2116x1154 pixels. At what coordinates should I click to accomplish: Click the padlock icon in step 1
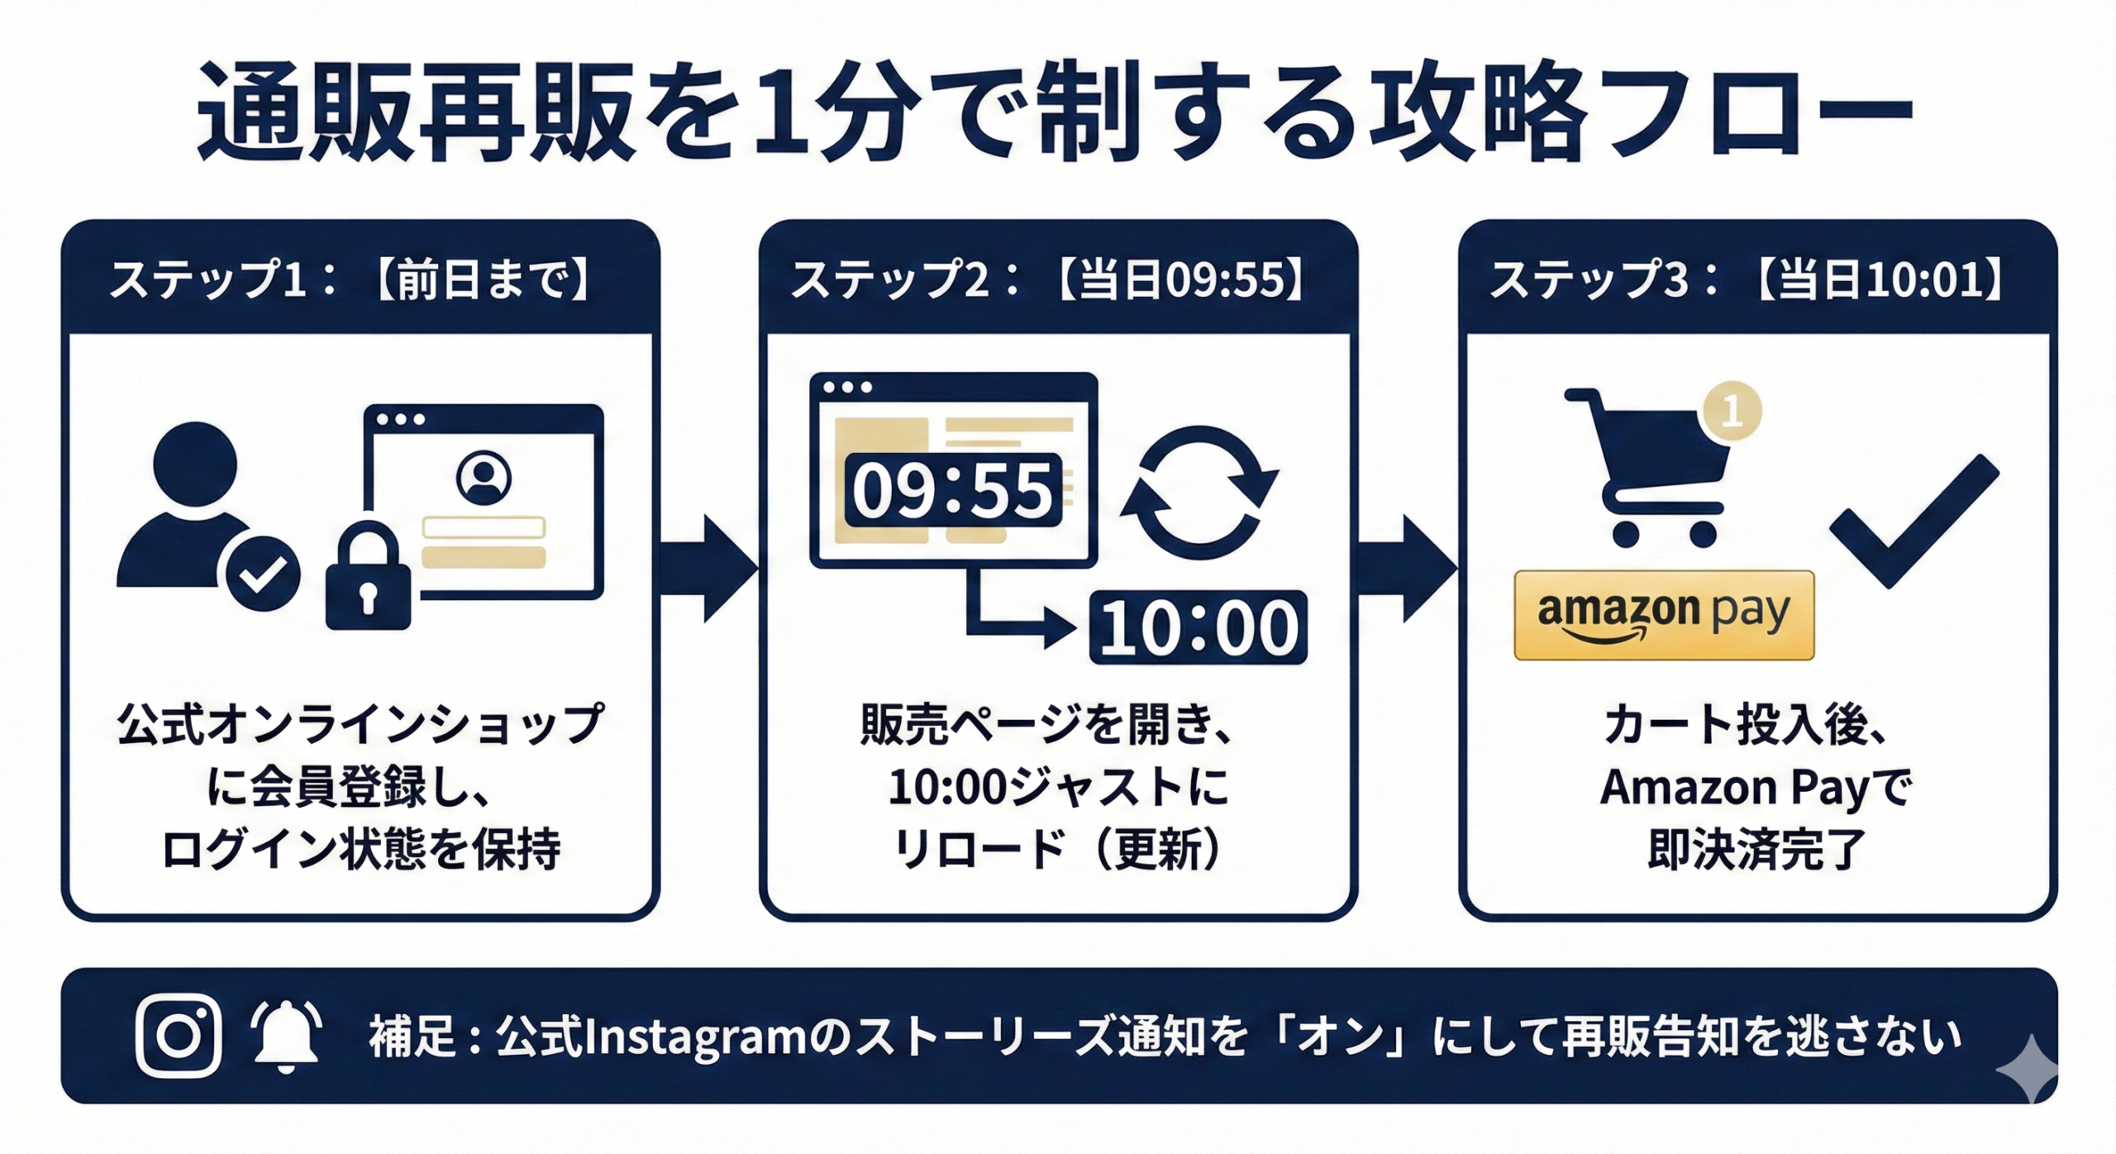click(x=368, y=579)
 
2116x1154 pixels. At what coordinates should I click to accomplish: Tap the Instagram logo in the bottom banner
click(x=179, y=1035)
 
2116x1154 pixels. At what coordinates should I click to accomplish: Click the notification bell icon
click(x=286, y=1036)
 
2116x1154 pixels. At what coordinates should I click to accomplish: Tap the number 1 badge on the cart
click(x=1732, y=411)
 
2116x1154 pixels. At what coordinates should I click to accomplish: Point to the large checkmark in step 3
click(x=1913, y=520)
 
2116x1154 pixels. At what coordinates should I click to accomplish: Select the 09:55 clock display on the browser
click(x=952, y=490)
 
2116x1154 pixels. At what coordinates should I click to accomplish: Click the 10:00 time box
click(x=1199, y=627)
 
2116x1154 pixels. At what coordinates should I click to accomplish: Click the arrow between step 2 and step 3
click(x=1407, y=568)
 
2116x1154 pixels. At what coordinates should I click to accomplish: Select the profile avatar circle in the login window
click(x=484, y=478)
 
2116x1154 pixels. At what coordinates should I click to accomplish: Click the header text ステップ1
click(x=207, y=279)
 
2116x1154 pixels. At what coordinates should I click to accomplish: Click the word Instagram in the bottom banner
click(x=694, y=1037)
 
